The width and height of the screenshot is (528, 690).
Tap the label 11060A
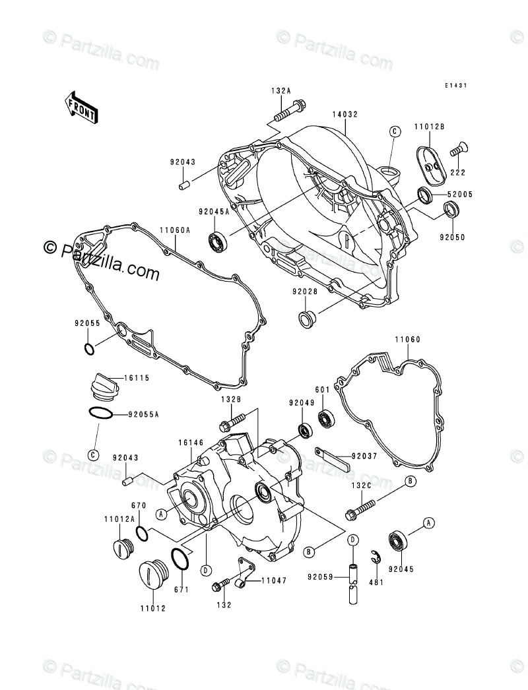(x=174, y=230)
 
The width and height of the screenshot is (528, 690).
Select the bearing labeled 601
(x=326, y=418)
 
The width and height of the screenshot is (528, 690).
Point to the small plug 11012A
(x=120, y=548)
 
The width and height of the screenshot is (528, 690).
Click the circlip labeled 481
(x=374, y=557)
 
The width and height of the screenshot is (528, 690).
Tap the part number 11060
(x=408, y=340)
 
